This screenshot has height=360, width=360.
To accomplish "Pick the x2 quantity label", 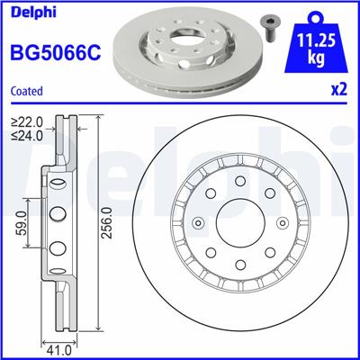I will [x=339, y=90].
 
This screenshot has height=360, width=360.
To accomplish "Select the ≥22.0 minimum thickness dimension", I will [x=28, y=121].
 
